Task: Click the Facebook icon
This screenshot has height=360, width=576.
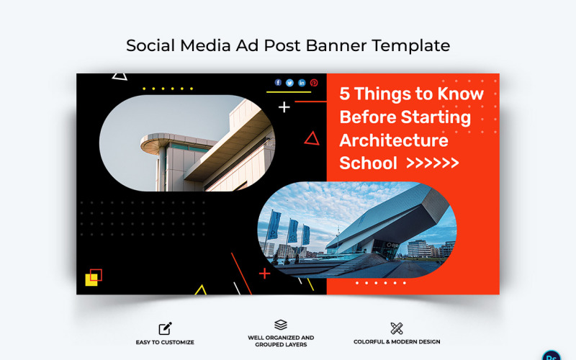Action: pos(279,83)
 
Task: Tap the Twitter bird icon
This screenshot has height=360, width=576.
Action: pos(290,83)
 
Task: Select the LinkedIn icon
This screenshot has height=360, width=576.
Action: pos(302,83)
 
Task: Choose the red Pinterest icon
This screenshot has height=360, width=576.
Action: pos(314,83)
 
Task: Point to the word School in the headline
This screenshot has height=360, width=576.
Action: pos(368,163)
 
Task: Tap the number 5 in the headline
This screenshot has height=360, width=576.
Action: pos(345,94)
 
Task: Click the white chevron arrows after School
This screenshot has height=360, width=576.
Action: pos(433,163)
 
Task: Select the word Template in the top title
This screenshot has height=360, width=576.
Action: pos(411,45)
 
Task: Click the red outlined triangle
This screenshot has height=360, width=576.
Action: pos(311,138)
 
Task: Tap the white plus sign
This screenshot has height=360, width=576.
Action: pos(284,107)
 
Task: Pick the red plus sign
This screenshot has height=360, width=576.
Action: pos(264,274)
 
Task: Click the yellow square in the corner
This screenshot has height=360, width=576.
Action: pos(91,280)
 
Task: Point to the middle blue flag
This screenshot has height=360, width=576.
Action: pos(292,230)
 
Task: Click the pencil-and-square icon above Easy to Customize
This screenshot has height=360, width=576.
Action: pos(165,329)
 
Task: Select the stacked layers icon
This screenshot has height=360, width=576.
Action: pos(281,325)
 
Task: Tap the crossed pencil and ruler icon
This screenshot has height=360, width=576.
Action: pos(397,329)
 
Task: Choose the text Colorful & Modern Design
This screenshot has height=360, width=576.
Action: pos(397,342)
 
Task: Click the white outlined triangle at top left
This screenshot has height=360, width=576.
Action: pos(120,75)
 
